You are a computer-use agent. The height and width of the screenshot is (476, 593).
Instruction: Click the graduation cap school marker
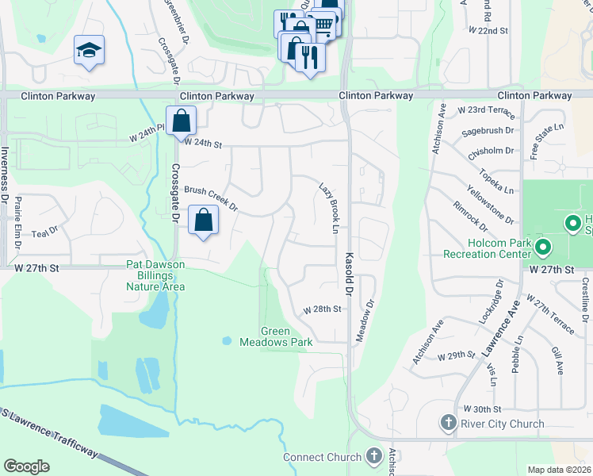click(89, 51)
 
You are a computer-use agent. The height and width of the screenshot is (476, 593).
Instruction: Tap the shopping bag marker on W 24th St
click(181, 121)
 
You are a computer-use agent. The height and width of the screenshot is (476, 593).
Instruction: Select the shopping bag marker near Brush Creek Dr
click(204, 221)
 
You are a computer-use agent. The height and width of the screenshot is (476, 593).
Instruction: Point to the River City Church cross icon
click(448, 423)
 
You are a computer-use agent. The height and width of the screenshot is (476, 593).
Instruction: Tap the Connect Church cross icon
click(374, 456)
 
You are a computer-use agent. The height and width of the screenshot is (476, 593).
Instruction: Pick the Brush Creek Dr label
click(211, 199)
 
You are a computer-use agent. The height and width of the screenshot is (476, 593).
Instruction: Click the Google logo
click(26, 466)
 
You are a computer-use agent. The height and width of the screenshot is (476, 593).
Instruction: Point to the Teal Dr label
click(40, 234)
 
